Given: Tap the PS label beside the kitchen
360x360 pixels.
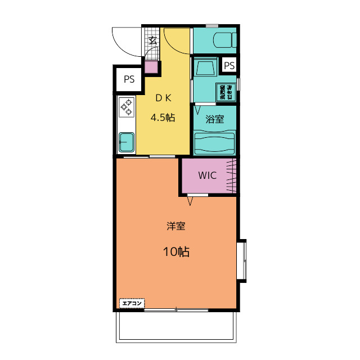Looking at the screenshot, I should (x=129, y=79).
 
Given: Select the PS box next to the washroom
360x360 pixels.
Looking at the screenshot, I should (x=229, y=66).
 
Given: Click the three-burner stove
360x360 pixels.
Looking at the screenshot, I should (x=126, y=106).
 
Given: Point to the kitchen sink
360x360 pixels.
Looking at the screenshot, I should (x=126, y=142).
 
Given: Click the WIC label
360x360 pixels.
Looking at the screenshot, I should (x=207, y=175).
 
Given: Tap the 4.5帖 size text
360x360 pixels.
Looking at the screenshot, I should (x=162, y=118).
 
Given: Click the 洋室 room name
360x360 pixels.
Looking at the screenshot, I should (x=175, y=227).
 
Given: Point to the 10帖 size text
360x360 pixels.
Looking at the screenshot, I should (x=175, y=251).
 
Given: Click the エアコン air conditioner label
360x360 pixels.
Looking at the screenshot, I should (x=131, y=303).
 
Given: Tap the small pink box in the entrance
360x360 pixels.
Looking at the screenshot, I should (x=151, y=66).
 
